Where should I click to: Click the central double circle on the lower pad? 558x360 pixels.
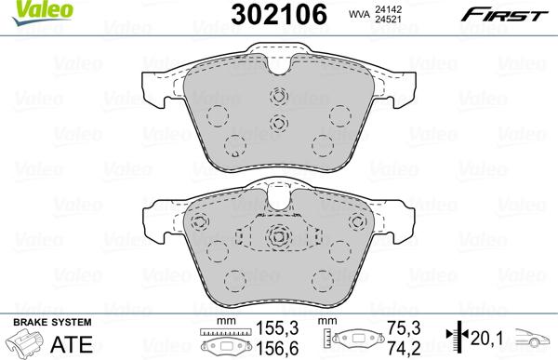pos(277,236)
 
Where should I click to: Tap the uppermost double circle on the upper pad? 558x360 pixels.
pos(276,94)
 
